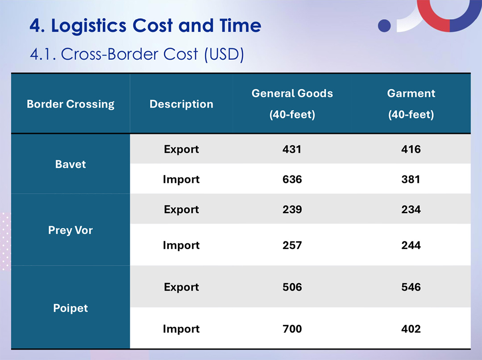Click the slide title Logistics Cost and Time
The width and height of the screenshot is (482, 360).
[145, 26]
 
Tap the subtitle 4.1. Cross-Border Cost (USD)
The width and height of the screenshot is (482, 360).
[137, 54]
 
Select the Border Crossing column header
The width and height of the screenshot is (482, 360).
[71, 104]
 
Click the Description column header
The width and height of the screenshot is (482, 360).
[181, 104]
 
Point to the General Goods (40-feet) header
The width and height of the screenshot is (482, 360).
[292, 103]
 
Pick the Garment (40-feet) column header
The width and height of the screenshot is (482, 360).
[411, 103]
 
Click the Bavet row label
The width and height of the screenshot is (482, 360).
[71, 164]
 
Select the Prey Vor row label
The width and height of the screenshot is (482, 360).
[71, 231]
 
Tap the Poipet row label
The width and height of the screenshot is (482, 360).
[71, 308]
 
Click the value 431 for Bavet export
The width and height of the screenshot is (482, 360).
[292, 149]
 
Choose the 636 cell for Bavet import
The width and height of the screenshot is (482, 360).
[292, 179]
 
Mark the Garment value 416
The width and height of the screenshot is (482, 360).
[411, 149]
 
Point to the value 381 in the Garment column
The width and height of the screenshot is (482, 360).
[411, 179]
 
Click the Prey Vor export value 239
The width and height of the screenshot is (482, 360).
[292, 209]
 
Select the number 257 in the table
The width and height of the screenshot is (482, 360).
[292, 245]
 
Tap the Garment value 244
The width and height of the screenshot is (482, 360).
[411, 245]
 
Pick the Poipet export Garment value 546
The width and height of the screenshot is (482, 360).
[411, 287]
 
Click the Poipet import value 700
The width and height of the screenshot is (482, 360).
[292, 329]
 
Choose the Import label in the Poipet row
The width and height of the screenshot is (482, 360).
[181, 329]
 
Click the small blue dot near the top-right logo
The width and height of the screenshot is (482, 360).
[384, 25]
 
